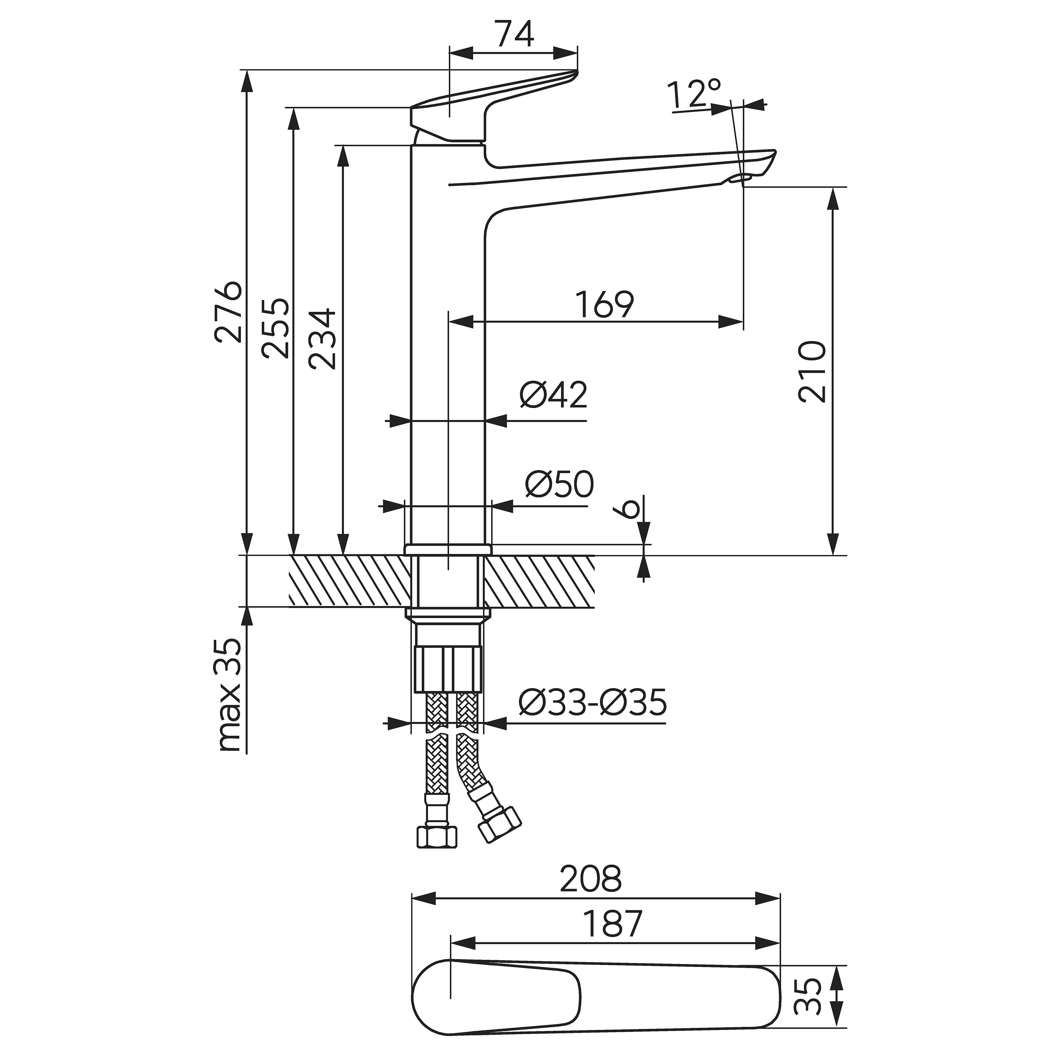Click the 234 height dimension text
(321, 339)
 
